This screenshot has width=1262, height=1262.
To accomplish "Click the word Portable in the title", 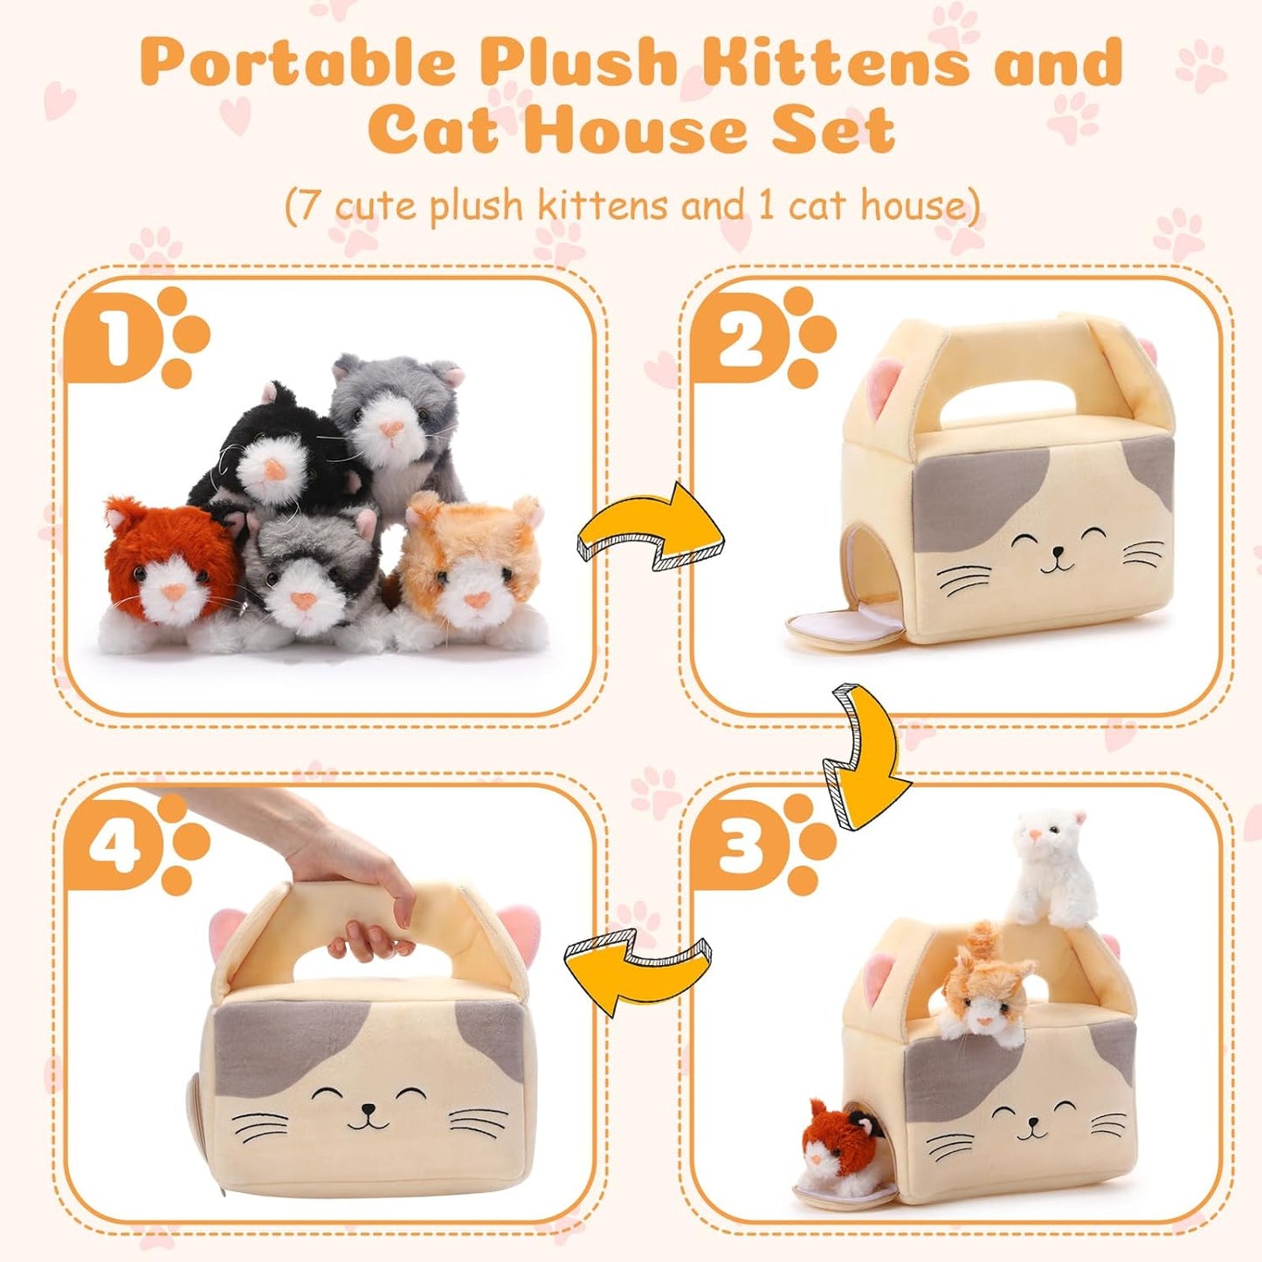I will tap(297, 63).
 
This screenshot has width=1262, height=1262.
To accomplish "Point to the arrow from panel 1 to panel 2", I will tap(651, 533).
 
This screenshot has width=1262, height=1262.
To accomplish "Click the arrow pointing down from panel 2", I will tap(860, 755).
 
